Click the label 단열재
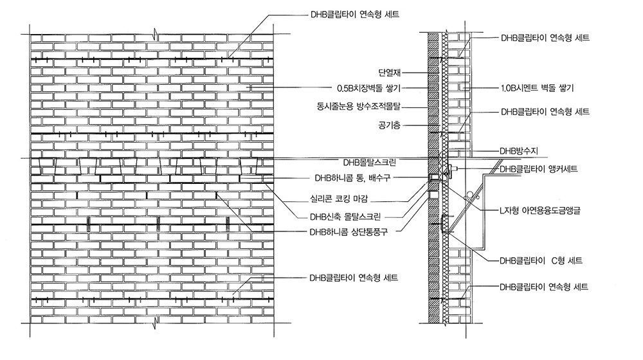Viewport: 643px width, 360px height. pyautogui.click(x=389, y=73)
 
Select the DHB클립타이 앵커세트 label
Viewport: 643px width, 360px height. pyautogui.click(x=537, y=169)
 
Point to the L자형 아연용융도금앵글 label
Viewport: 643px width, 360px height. pyautogui.click(x=540, y=210)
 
